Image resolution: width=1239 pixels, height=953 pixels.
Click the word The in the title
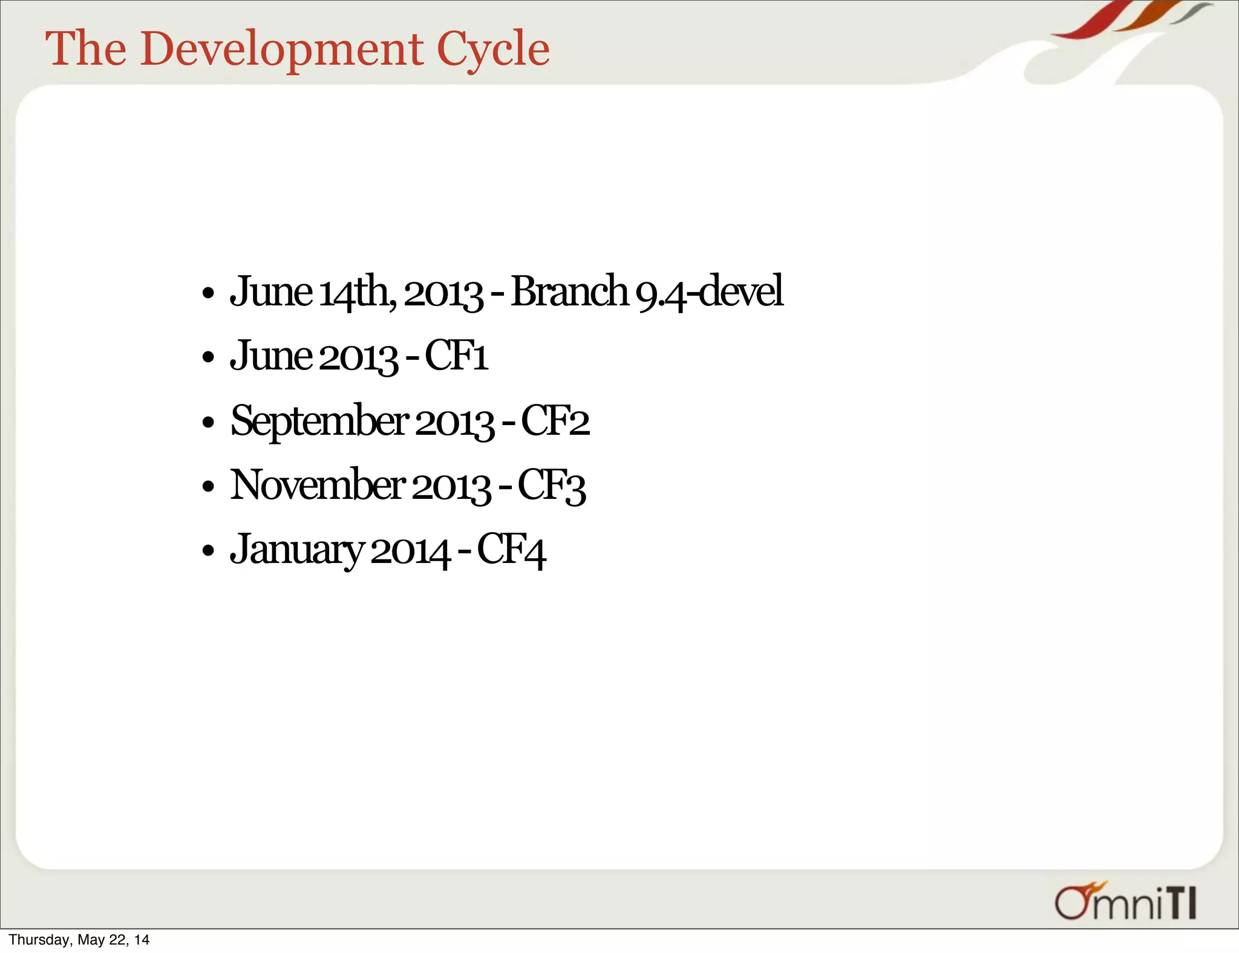pos(86,49)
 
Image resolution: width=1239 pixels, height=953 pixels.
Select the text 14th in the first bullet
pos(357,292)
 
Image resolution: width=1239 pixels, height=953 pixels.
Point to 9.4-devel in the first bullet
pos(710,292)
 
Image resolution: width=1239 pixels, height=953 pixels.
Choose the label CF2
pos(555,421)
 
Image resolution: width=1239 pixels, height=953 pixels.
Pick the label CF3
pos(552,486)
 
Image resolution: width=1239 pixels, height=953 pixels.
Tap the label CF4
pos(512,550)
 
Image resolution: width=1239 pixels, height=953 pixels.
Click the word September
pos(319,421)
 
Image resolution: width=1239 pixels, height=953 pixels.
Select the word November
pos(318,485)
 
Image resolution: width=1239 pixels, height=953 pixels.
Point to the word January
pos(297,550)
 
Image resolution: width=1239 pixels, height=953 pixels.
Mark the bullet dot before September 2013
pos(208,423)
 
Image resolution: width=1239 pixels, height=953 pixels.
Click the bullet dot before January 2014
pos(208,551)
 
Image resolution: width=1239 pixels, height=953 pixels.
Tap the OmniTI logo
pos(1125,903)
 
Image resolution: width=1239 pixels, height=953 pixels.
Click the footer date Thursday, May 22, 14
pos(79,940)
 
